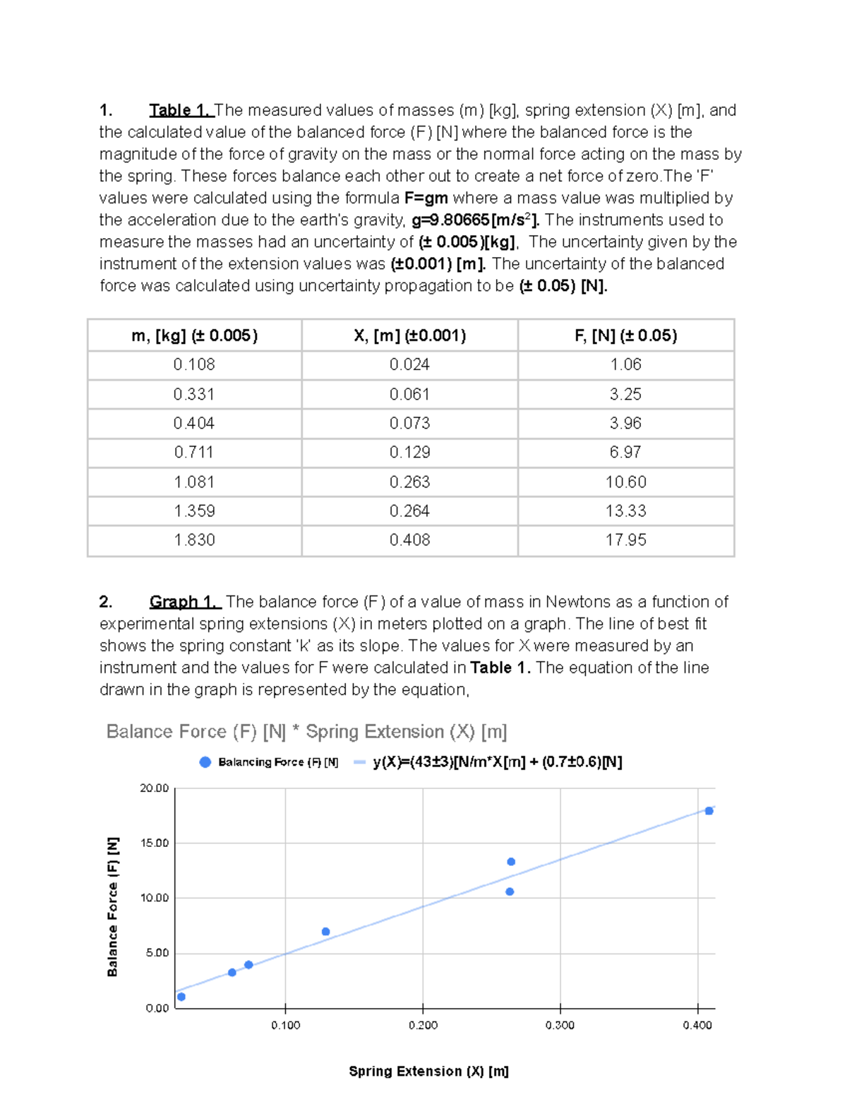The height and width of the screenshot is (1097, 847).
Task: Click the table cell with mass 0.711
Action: pyautogui.click(x=194, y=452)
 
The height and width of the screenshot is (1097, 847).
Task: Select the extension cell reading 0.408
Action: pyautogui.click(x=409, y=540)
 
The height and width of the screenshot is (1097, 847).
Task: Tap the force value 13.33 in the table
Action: pyautogui.click(x=625, y=511)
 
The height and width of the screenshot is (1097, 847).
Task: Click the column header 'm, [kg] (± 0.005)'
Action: pyautogui.click(x=194, y=336)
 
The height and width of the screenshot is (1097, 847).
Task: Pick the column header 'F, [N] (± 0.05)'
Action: pyautogui.click(x=625, y=336)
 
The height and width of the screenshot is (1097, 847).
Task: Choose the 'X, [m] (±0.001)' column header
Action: pyautogui.click(x=409, y=336)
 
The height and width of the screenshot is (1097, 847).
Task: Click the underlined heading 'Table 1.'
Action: pyautogui.click(x=180, y=110)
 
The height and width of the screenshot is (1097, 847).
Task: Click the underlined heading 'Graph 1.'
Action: pyautogui.click(x=185, y=602)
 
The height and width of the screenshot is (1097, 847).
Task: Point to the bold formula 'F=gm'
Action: pyautogui.click(x=426, y=198)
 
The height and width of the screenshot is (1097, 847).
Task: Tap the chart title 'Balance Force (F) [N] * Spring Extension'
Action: pyautogui.click(x=306, y=732)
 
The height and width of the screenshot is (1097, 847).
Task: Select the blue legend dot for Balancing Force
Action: pyautogui.click(x=205, y=762)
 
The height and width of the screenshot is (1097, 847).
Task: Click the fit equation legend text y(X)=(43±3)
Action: pyautogui.click(x=497, y=762)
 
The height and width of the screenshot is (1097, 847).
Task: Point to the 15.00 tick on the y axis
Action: pyautogui.click(x=155, y=843)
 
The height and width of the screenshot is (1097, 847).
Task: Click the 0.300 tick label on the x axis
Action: pyautogui.click(x=560, y=1025)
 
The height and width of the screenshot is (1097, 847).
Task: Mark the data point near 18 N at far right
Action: pyautogui.click(x=709, y=811)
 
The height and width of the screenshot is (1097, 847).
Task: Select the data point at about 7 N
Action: pyautogui.click(x=325, y=932)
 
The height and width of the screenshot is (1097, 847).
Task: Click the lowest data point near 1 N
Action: pyautogui.click(x=181, y=997)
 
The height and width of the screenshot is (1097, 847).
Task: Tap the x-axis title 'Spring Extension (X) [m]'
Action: pyautogui.click(x=428, y=1072)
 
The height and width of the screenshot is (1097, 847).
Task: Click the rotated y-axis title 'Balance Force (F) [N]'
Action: pyautogui.click(x=113, y=907)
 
